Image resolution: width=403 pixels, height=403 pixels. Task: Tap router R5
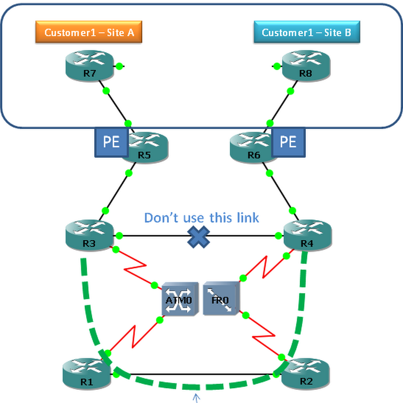pos(145,147)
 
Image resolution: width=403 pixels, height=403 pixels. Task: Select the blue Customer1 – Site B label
pos(307,33)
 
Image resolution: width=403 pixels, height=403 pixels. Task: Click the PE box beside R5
pos(111,143)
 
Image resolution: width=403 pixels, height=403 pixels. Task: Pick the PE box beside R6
pos(288,143)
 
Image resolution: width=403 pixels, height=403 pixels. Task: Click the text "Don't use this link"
pos(201,218)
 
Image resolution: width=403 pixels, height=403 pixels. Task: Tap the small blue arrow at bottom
pos(195,398)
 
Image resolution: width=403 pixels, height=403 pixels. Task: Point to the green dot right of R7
pos(119,66)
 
